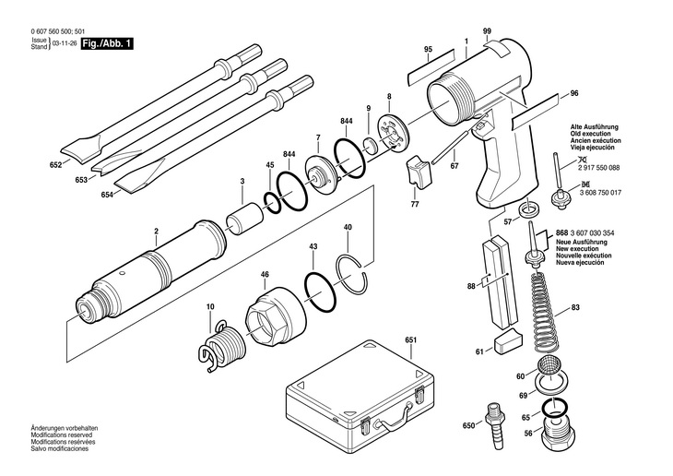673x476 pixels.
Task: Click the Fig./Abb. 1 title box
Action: coord(107,43)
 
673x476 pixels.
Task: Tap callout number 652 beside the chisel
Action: coord(55,165)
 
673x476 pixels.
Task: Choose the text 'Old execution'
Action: coord(592,132)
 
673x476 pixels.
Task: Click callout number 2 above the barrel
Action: coord(156,231)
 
